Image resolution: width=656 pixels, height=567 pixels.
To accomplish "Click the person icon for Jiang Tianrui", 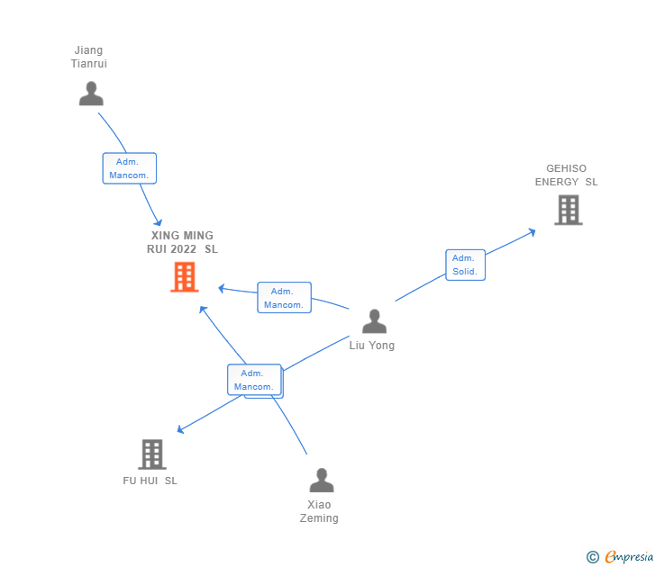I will coord(91,94).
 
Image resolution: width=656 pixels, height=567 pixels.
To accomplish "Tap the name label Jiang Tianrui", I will coord(89,57).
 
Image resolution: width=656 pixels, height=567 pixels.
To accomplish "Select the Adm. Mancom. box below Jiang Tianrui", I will coord(130,168).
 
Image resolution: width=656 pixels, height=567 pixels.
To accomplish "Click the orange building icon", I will coord(184,277).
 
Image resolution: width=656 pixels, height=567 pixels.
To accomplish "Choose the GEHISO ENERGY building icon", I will coord(568,210).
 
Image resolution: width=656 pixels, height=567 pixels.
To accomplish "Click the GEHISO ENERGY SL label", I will coord(566,175).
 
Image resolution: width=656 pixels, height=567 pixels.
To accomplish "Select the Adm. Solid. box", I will coord(465,265).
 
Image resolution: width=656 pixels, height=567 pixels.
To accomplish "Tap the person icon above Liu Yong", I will coord(374,321).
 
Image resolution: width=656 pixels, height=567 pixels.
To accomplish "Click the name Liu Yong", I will coord(372,346).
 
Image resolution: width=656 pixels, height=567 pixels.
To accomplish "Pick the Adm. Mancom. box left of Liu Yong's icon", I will coord(284,298).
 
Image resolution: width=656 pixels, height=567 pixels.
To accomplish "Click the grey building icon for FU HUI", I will coord(152,454).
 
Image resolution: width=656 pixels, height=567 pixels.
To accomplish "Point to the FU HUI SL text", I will coord(150,481).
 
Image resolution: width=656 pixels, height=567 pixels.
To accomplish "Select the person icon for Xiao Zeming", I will coord(321,481).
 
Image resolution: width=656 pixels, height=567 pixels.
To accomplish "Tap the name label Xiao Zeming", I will coord(320,511).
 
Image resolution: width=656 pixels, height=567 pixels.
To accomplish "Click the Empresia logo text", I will coord(629,557).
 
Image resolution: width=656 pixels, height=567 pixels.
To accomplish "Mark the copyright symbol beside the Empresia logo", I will coord(593,557).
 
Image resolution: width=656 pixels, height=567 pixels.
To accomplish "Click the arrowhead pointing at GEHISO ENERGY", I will coord(532,231).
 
